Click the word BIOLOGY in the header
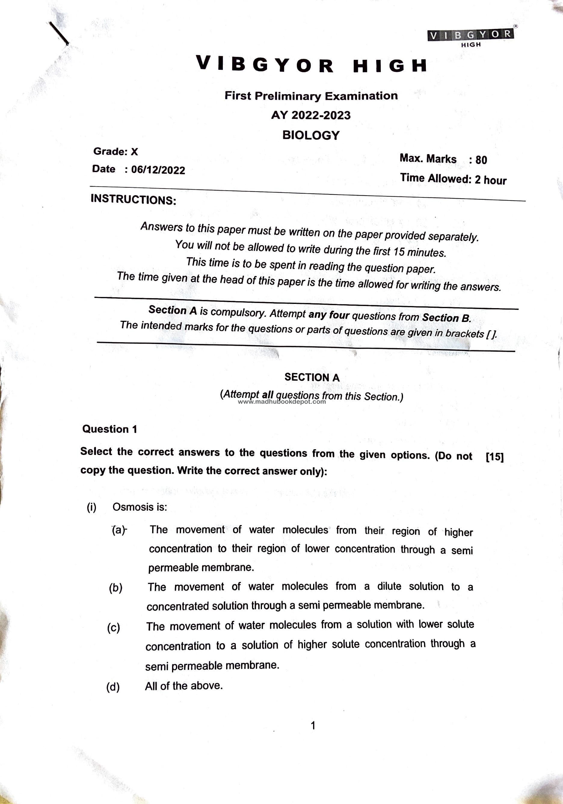pyautogui.click(x=311, y=135)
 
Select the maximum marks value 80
pyautogui.click(x=481, y=160)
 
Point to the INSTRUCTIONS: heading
pyautogui.click(x=133, y=199)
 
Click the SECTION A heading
pyautogui.click(x=312, y=377)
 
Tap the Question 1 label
pyautogui.click(x=109, y=429)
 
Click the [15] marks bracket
pyautogui.click(x=495, y=457)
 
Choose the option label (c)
pyautogui.click(x=114, y=627)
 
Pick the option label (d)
pyautogui.click(x=113, y=687)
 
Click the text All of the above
pyautogui.click(x=184, y=686)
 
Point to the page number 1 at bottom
pyautogui.click(x=313, y=725)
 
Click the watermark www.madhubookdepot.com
pyautogui.click(x=282, y=402)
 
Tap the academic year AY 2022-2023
pyautogui.click(x=311, y=115)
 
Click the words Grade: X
pyautogui.click(x=115, y=152)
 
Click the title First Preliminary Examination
pyautogui.click(x=311, y=96)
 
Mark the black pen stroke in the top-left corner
pyautogui.click(x=58, y=33)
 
